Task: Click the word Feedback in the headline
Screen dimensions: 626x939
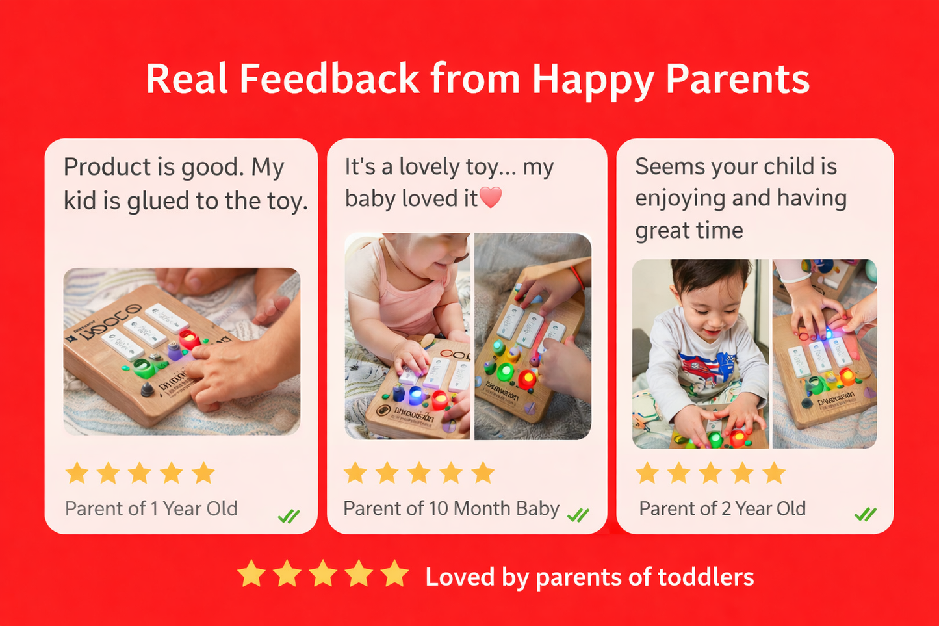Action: [329, 79]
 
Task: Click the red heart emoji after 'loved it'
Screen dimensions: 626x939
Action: [491, 197]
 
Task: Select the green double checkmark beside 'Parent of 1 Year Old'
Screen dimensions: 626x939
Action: [289, 516]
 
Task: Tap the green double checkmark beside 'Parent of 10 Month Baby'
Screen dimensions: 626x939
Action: [578, 515]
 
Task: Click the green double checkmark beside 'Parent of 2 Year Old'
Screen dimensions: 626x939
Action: [865, 515]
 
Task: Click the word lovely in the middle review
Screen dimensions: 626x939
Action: [429, 167]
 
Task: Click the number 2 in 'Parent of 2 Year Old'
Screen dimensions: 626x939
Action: [726, 508]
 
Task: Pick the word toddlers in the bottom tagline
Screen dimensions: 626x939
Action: [706, 577]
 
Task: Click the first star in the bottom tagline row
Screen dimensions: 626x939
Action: [251, 575]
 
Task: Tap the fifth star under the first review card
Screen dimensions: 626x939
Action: [203, 473]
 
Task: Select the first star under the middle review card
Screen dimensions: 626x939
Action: [355, 473]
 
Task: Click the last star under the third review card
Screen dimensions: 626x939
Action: [774, 473]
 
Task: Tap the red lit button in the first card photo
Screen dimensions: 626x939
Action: [189, 339]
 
